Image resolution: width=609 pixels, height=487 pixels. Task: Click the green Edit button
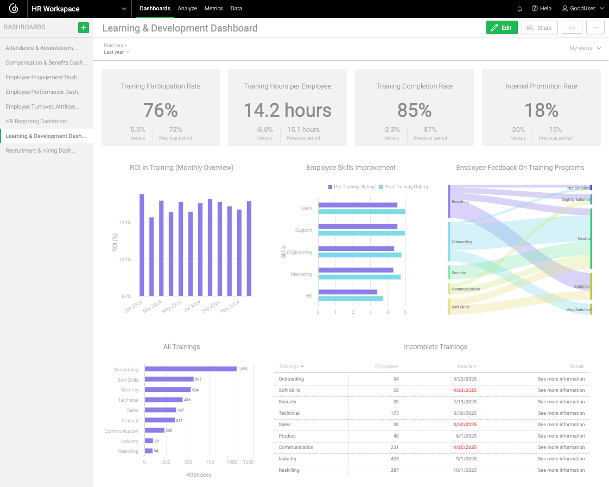coord(502,28)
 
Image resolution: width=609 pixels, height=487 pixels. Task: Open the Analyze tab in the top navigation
coord(187,9)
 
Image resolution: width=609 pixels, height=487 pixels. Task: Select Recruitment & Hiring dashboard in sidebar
coord(40,150)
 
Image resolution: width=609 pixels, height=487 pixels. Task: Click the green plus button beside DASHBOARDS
coord(83,27)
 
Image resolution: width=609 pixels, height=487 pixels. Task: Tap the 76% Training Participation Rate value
coord(161,110)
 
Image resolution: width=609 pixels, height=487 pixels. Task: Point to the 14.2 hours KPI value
coord(287,110)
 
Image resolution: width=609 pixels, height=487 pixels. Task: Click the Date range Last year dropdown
coord(117,52)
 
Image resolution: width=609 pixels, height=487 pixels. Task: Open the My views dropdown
coord(585,48)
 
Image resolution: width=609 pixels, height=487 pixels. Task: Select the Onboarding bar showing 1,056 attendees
coord(190,369)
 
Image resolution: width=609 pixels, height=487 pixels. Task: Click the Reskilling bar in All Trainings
coord(148,451)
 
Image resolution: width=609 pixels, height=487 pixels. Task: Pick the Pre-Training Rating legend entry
coord(352,187)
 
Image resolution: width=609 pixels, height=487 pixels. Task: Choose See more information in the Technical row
coord(561,413)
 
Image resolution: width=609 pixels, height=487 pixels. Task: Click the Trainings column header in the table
coord(291,366)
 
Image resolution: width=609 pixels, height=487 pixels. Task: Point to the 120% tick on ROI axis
coord(124,223)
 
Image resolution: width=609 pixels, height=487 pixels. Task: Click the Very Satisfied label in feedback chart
coord(579,309)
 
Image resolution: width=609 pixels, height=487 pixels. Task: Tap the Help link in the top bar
coord(542,9)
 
